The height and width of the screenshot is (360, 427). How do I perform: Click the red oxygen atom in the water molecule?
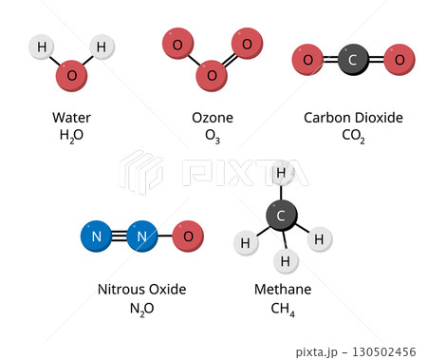71,75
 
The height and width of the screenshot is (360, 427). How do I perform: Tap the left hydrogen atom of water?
41,47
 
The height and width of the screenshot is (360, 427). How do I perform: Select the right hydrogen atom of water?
102,46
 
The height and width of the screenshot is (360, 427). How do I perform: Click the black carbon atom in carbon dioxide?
352,60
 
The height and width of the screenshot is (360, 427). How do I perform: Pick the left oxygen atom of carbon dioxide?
306,60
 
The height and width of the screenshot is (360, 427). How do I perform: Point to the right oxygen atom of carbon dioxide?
399,60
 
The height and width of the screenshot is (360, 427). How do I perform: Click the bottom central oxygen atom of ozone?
212,74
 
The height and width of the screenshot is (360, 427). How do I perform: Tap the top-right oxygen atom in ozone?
246,44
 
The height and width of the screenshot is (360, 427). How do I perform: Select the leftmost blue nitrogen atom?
96,236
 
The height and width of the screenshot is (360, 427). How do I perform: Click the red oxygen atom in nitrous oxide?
189,236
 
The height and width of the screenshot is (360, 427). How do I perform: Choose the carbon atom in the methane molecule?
280,216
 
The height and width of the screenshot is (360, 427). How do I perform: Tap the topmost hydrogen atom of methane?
280,172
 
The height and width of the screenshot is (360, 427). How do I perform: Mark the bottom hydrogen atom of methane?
282,258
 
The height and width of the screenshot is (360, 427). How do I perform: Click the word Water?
72,118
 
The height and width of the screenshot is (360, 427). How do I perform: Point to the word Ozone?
213,118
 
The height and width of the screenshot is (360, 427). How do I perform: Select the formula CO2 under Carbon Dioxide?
353,137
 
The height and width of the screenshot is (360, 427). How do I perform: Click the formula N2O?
141,309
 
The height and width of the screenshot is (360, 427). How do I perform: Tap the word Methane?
282,290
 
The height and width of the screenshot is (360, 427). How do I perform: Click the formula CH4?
282,309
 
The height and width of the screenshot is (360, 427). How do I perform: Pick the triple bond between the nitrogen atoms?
119,236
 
